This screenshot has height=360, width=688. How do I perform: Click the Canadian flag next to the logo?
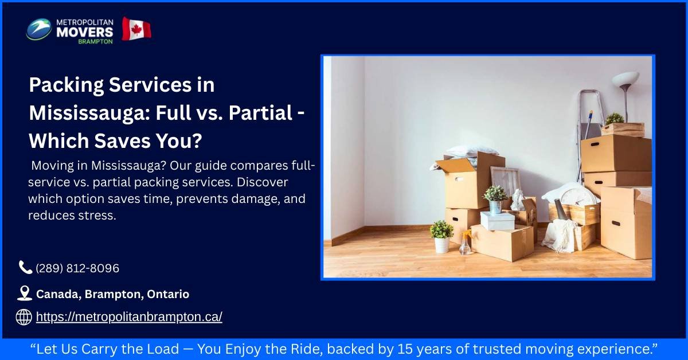click(136, 29)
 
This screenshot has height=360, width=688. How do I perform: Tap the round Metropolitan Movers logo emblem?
click(39, 29)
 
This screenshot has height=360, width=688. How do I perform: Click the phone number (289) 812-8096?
click(77, 268)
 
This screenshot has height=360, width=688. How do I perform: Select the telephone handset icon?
click(25, 267)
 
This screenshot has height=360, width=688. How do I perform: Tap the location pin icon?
click(24, 294)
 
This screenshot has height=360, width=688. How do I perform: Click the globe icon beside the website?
click(24, 317)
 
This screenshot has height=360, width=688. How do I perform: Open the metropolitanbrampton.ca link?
click(129, 317)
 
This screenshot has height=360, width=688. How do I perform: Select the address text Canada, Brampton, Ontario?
click(112, 294)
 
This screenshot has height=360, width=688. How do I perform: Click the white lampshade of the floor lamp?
click(626, 79)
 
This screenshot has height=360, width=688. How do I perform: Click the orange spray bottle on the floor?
click(465, 243)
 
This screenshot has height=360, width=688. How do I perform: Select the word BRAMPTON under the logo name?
click(96, 41)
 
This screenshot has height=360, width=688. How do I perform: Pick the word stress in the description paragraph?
click(100, 216)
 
